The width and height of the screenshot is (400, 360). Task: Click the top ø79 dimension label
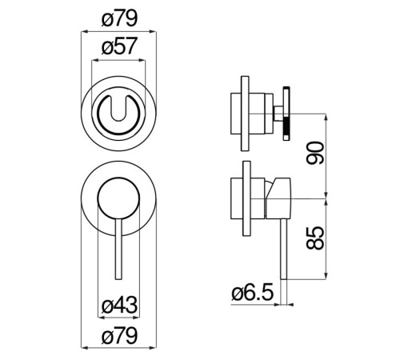(119, 19)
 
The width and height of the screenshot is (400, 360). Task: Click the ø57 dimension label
(119, 46)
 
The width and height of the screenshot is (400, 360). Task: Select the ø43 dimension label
(119, 305)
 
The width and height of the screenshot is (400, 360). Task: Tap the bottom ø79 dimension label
(119, 336)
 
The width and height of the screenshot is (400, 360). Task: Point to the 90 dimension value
(315, 153)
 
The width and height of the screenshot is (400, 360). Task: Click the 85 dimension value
(315, 238)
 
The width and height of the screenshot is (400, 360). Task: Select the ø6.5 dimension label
(253, 292)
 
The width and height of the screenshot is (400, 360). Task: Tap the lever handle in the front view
(118, 249)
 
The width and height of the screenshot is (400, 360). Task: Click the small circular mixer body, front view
(118, 198)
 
